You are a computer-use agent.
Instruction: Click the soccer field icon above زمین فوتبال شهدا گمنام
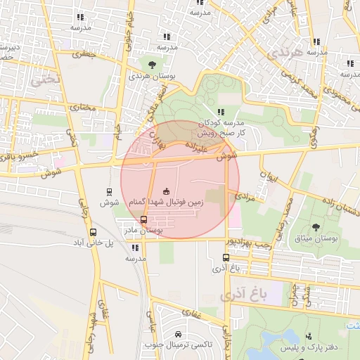point(167,191)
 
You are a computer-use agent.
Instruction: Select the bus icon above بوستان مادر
point(144,219)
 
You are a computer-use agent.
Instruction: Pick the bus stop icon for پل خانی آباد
point(94,232)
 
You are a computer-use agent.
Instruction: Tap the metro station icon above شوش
point(108,191)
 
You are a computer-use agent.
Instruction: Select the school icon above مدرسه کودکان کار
point(221,112)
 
